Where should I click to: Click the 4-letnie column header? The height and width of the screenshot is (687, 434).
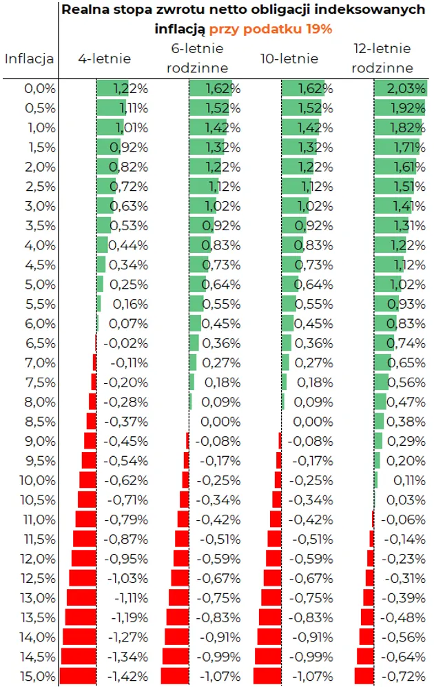(104, 59)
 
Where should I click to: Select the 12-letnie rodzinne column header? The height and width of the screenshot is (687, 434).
(382, 58)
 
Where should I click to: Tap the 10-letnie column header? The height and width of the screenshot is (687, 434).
(289, 59)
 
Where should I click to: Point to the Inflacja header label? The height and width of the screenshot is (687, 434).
(30, 59)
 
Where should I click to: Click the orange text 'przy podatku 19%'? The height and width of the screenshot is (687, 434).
(271, 29)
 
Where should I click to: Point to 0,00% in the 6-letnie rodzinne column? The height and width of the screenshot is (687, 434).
(220, 421)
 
